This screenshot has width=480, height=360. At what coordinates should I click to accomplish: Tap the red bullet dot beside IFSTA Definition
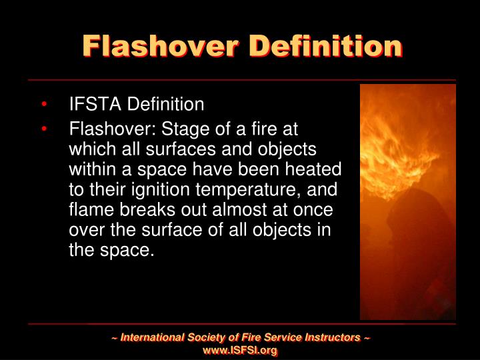tap(43, 105)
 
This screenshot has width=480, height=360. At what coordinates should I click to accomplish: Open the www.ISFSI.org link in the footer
tap(240, 350)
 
